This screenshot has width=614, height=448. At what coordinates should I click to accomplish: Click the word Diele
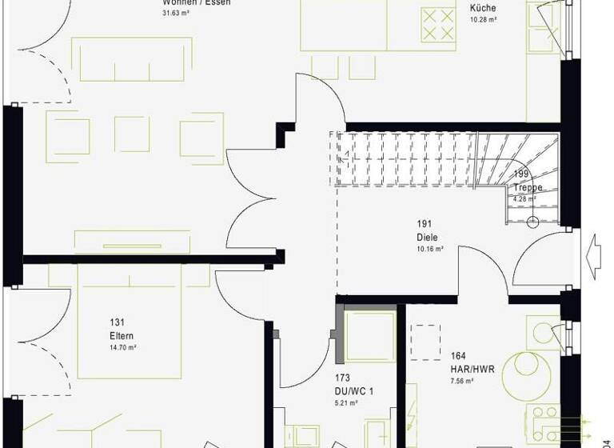[426, 238]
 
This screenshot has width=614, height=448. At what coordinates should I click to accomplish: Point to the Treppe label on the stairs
[528, 188]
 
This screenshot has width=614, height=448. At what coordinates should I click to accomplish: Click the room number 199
[521, 174]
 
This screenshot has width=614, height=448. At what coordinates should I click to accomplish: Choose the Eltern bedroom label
[122, 336]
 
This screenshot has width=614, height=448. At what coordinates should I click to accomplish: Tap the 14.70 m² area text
[122, 348]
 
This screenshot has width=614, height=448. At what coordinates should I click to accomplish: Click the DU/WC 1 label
[354, 390]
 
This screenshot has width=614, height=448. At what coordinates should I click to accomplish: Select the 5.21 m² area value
[345, 402]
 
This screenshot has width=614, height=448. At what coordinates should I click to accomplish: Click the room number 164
[459, 357]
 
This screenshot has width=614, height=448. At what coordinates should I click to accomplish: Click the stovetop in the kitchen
[437, 23]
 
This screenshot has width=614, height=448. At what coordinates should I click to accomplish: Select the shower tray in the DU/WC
[369, 336]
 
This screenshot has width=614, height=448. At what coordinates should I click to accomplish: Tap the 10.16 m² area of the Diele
[429, 249]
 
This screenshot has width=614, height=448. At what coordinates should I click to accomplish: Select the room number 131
[117, 323]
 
